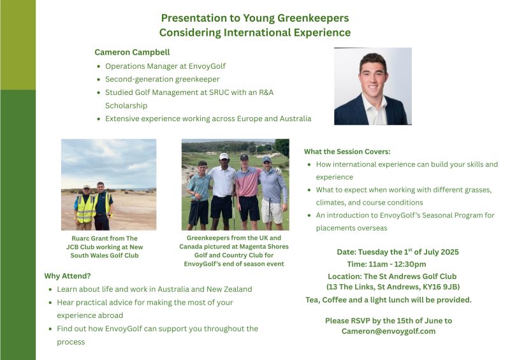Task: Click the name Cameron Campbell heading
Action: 132,52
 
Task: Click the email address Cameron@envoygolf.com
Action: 388,331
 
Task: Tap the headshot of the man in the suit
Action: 373,86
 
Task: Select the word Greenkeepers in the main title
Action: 313,18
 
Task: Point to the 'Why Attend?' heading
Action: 68,276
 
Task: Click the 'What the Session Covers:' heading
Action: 347,152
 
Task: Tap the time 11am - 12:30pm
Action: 386,264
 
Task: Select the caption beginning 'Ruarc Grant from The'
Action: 105,247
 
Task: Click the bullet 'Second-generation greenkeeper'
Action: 163,80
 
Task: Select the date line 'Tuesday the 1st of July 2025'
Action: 408,252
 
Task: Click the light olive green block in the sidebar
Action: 18,45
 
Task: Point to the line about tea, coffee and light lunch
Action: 388,300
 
